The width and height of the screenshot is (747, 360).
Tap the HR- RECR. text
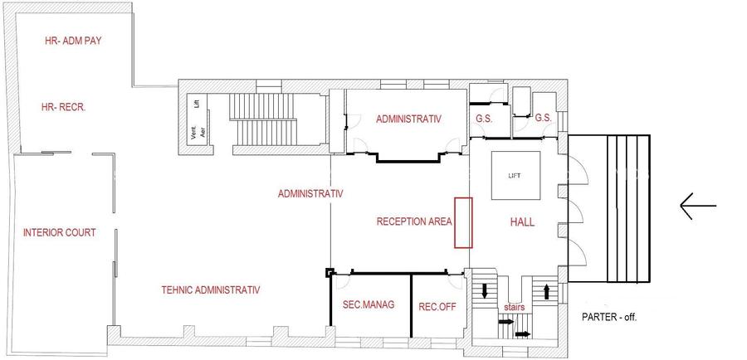pos(64,108)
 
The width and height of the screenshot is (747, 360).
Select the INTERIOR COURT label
pos(59,233)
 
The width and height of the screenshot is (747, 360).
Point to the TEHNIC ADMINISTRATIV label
pos(211,290)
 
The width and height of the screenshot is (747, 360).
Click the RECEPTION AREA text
pos(413,221)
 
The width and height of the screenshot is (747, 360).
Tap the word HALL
pos(521,222)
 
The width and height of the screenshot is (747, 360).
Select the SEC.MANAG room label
pos(368,305)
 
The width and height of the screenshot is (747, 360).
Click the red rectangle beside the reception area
pos(463,222)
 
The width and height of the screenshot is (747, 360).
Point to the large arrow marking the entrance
pos(697,206)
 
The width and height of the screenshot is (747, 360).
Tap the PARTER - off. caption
pos(609,317)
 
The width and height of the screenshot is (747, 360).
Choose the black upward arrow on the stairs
pos(547,291)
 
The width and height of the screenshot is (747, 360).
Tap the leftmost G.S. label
pos(484,119)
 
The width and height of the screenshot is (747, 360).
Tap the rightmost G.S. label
pos(544,119)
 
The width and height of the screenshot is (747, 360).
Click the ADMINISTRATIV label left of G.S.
pos(409,119)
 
